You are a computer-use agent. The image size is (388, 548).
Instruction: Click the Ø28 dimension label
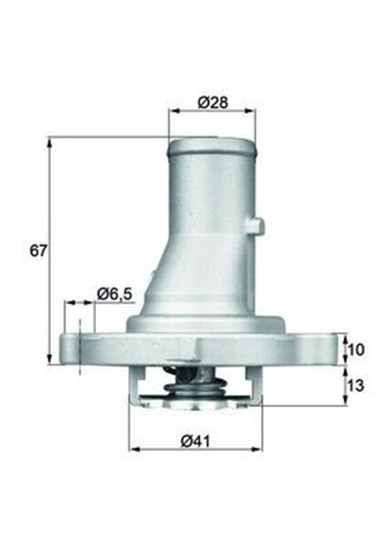click(212, 102)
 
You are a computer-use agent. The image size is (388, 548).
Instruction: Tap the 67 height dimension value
click(37, 251)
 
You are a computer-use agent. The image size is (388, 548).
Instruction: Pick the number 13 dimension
click(355, 384)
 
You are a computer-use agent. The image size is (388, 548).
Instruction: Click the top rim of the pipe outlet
click(212, 143)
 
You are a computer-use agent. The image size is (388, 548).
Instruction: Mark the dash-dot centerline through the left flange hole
click(79, 347)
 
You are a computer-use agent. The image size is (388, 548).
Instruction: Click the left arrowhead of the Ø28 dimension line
click(172, 110)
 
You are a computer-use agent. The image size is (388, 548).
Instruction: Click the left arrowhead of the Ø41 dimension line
click(132, 450)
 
